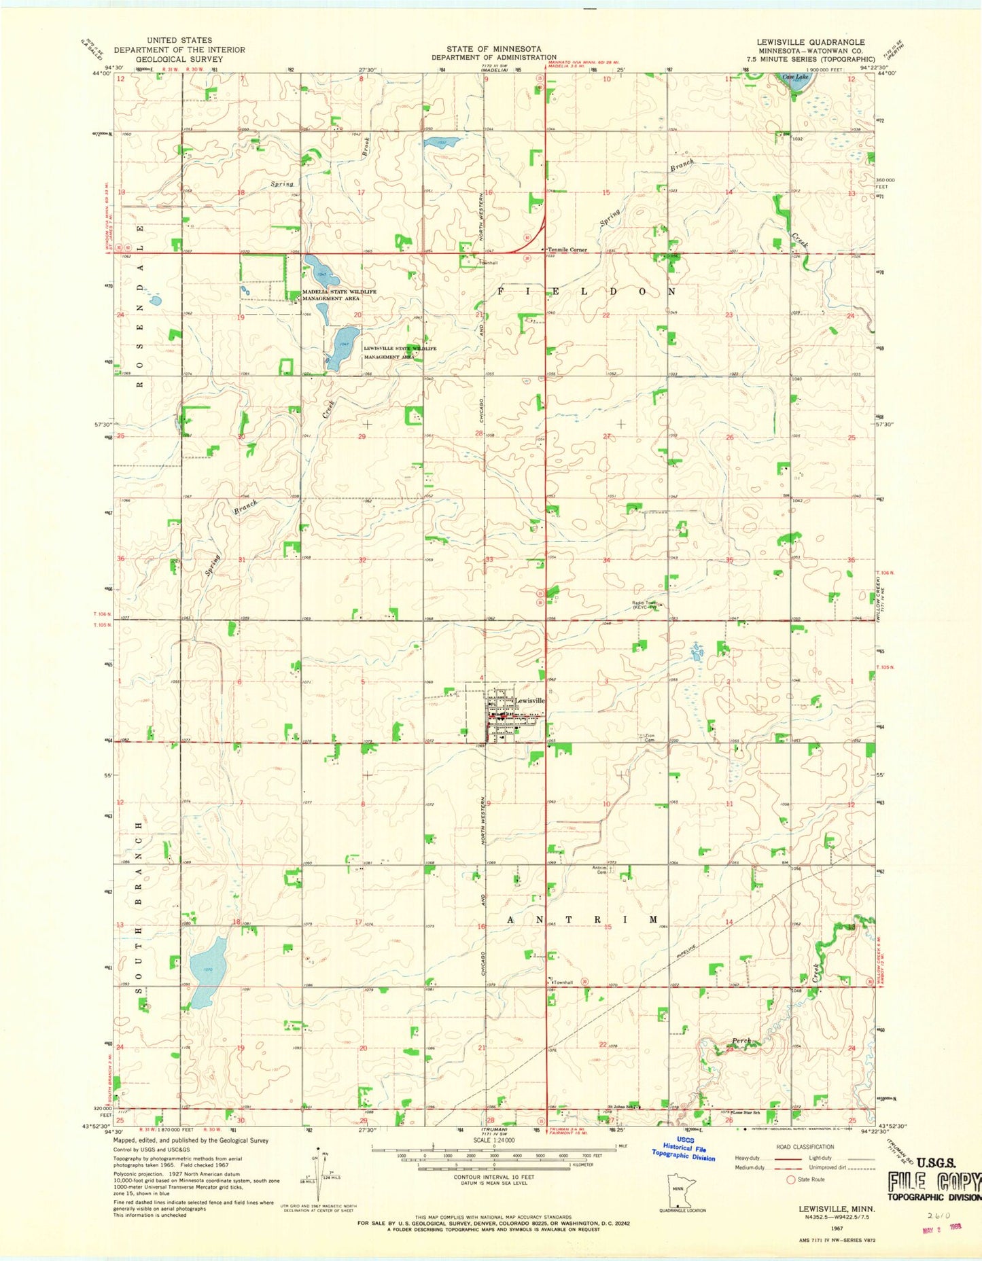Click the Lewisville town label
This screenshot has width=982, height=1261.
point(529,700)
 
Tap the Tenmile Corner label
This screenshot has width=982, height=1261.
point(568,249)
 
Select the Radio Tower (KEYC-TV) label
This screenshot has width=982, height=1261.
point(644,604)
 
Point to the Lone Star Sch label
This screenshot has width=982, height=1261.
point(746,1113)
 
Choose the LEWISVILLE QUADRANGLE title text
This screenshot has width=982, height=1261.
point(811,42)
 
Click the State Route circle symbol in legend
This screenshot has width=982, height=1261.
point(791,1179)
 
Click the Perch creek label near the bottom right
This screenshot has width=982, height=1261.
point(741,1041)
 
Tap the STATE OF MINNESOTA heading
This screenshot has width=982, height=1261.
point(494,49)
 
